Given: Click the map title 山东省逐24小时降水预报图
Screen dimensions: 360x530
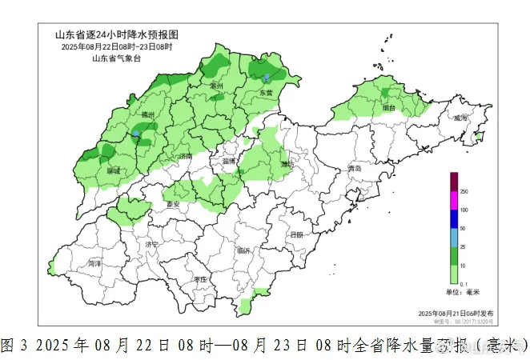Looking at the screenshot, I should click(116, 35).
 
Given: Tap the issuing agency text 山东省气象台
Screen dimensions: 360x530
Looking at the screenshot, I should click(116, 58).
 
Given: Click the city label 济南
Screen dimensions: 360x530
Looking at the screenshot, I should click(186, 156).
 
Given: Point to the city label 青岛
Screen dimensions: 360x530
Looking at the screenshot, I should click(354, 170).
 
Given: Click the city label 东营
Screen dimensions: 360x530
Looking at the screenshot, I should click(265, 94).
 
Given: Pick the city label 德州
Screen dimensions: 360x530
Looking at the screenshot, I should click(147, 115).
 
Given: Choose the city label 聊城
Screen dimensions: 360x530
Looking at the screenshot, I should click(113, 170).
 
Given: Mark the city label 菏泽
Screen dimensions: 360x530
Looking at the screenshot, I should click(95, 262).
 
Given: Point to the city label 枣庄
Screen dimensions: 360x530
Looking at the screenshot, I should click(200, 279).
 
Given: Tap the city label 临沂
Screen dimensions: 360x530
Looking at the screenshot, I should click(243, 250).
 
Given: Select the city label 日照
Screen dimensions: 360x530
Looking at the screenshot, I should click(296, 234).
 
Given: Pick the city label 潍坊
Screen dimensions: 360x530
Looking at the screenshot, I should click(287, 164).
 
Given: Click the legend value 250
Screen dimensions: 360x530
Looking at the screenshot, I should click(464, 193).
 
